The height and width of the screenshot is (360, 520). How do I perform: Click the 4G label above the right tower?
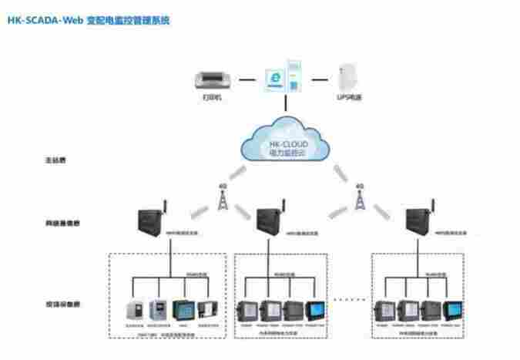[358, 186]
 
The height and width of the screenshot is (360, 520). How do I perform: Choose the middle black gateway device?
[269, 223]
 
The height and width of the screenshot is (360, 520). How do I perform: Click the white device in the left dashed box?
[136, 310]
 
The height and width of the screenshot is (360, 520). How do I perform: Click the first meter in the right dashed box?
[383, 310]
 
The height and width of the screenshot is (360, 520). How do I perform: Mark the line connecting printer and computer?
[246, 79]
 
